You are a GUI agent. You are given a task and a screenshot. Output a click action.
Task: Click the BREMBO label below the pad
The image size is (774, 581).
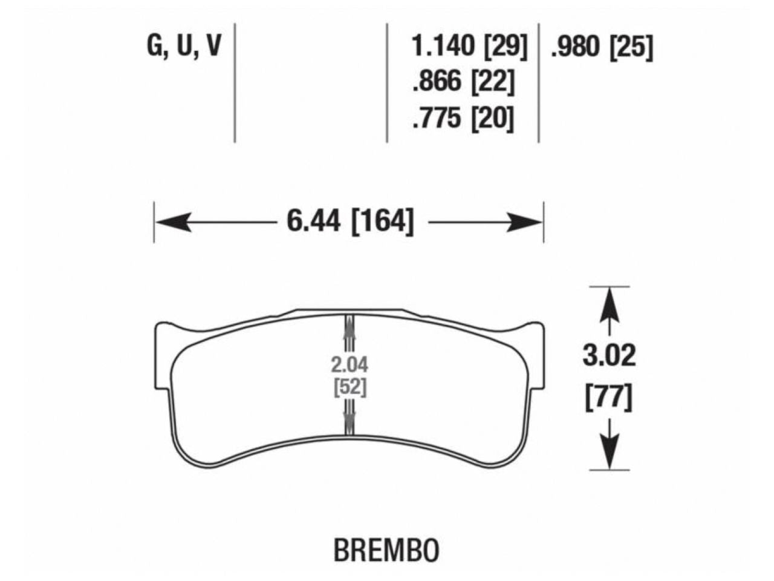click(386, 550)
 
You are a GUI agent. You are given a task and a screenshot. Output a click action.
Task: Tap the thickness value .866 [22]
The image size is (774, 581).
click(463, 82)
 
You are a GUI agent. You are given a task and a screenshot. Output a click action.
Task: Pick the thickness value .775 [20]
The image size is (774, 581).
click(463, 118)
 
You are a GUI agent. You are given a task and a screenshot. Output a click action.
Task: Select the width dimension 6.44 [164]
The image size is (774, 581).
click(351, 222)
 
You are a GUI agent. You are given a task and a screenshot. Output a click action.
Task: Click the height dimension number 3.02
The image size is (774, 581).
click(609, 356)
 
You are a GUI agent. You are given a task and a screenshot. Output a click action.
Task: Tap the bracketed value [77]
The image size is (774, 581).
click(609, 399)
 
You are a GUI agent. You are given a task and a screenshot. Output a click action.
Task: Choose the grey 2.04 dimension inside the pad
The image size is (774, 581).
click(350, 365)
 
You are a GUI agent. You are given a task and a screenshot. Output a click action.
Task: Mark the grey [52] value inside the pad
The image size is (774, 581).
click(350, 387)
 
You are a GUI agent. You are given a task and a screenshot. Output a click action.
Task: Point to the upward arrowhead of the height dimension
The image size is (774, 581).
click(610, 300)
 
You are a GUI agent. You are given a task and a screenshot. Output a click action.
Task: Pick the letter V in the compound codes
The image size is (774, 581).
click(212, 47)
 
